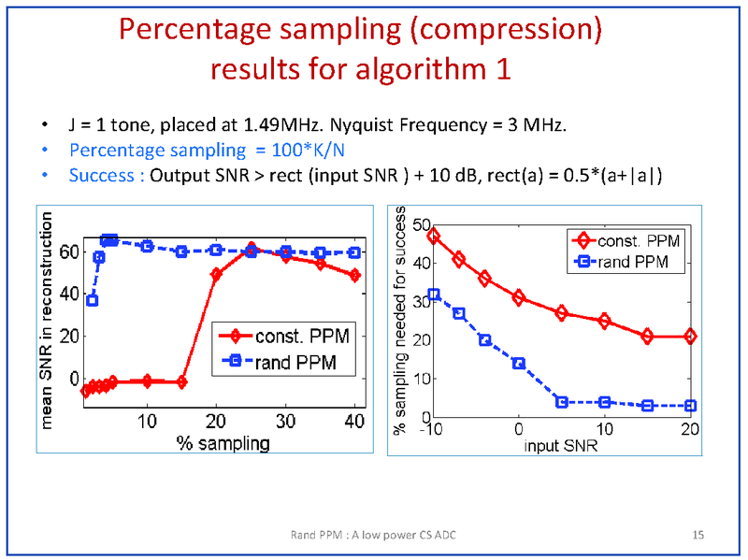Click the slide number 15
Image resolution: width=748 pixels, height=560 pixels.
pos(698,535)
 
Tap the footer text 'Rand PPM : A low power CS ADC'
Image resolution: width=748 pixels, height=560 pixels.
pos(375,535)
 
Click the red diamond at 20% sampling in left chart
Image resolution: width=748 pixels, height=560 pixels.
pos(216,274)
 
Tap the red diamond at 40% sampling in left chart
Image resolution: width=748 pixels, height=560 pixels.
pos(354,275)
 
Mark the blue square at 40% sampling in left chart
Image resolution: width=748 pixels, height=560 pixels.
pos(354,252)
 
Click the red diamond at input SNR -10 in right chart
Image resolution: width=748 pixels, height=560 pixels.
pos(433,236)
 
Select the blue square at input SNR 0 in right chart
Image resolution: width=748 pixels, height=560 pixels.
pos(519,363)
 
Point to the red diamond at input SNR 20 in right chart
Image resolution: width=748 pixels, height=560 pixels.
pos(691,337)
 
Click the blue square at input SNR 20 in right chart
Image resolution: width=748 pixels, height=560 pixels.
pos(691,406)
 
